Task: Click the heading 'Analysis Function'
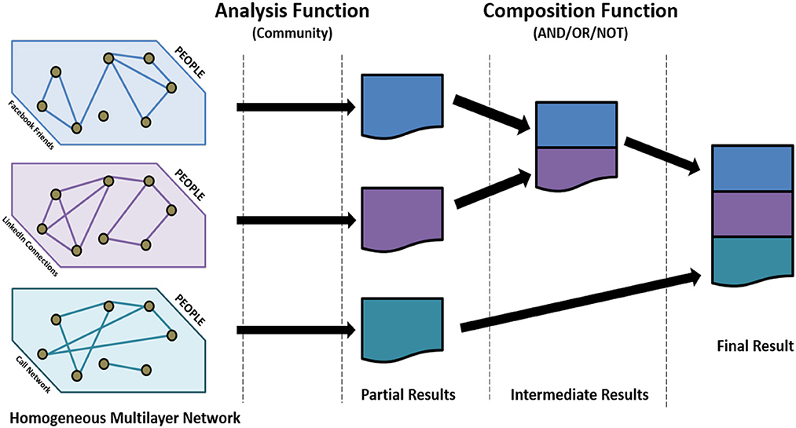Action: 292,12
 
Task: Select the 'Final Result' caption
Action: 755,345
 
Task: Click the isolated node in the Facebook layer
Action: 103,116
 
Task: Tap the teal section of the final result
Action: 751,259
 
